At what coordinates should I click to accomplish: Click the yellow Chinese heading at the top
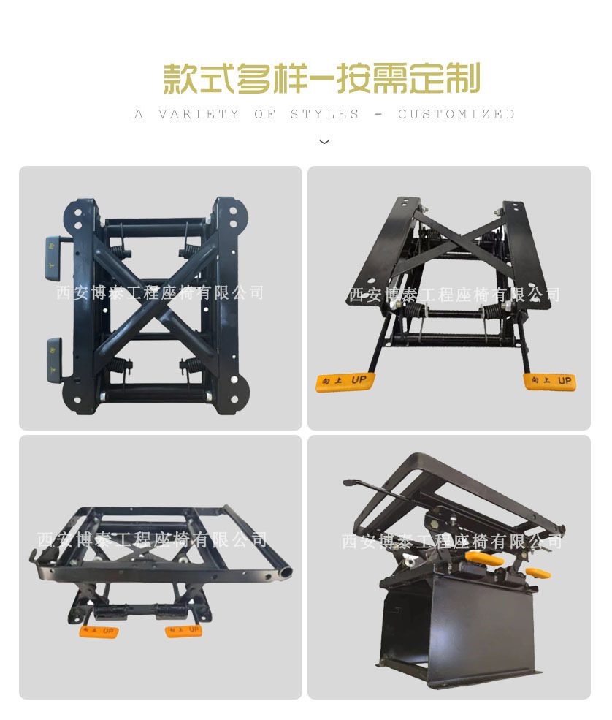tap(321, 79)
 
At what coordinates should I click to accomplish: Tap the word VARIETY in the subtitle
tap(199, 115)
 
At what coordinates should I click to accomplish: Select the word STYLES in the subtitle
tap(325, 115)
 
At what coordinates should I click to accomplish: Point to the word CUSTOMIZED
tap(456, 115)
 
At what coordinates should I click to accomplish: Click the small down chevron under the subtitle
tap(324, 142)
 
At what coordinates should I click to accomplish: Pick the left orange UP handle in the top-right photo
tap(345, 382)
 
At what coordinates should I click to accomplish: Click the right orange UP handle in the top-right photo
tap(549, 382)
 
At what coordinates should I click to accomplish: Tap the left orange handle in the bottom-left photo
tap(99, 631)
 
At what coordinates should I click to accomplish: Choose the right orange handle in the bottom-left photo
tap(183, 630)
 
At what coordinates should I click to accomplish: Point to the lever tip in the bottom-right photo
tap(348, 483)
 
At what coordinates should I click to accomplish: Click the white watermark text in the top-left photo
tap(160, 293)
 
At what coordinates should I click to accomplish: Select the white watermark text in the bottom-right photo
tap(452, 542)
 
